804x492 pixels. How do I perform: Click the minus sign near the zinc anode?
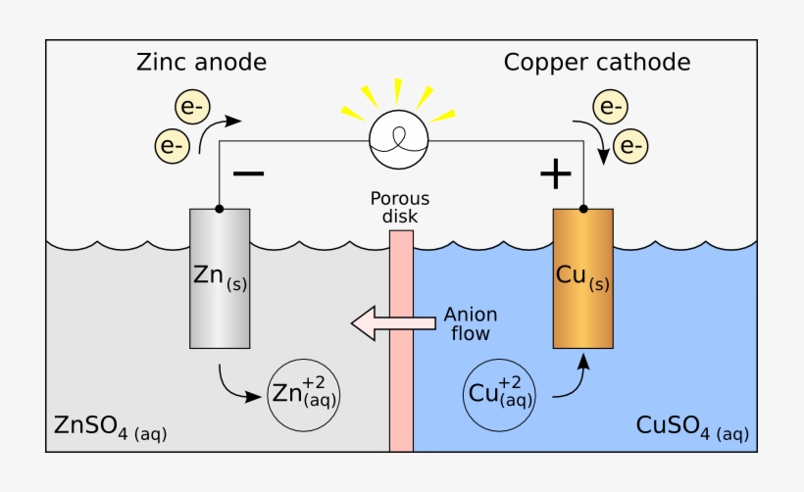click(248, 174)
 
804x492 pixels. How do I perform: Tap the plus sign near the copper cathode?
click(555, 174)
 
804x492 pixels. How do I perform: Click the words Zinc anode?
click(202, 63)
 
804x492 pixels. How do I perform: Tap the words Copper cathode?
click(597, 63)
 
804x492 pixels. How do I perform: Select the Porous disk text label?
click(401, 209)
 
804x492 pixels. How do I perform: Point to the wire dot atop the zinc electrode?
click(219, 209)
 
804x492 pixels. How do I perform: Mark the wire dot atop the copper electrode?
click(583, 209)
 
